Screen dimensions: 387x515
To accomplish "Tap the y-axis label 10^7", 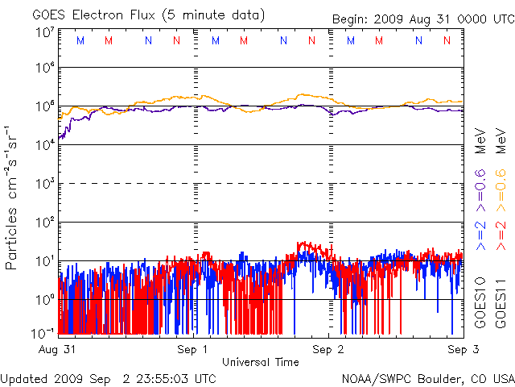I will (44, 33).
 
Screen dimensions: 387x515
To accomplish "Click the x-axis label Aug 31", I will (59, 350).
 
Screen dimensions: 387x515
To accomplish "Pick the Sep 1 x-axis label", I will (193, 350).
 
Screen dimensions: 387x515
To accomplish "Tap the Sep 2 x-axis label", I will (328, 350).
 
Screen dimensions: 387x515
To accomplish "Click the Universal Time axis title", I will (260, 362).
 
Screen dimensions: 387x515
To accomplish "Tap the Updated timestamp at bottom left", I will (109, 378).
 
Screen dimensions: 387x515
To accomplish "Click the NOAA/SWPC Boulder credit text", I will (427, 378).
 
